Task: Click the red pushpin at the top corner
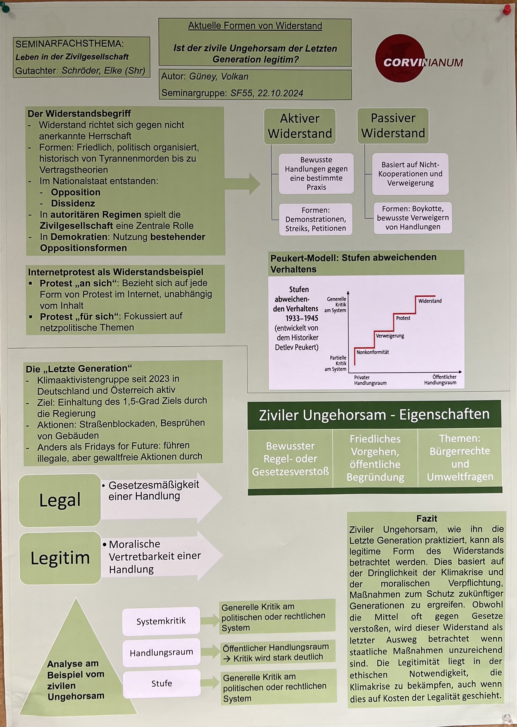point(507,10)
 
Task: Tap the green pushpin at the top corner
point(5,7)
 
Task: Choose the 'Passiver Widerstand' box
point(393,126)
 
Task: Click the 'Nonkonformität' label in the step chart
point(373,352)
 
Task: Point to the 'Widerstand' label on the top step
point(430,301)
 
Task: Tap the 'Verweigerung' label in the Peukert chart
point(390,336)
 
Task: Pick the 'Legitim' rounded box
point(60,558)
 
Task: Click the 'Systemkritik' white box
point(161,621)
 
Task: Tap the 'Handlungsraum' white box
point(161,653)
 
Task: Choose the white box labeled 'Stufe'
point(162,683)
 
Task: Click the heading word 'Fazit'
point(427,519)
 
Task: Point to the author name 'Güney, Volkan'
point(219,77)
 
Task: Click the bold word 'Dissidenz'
point(73,203)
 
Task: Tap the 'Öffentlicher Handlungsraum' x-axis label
point(440,380)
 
